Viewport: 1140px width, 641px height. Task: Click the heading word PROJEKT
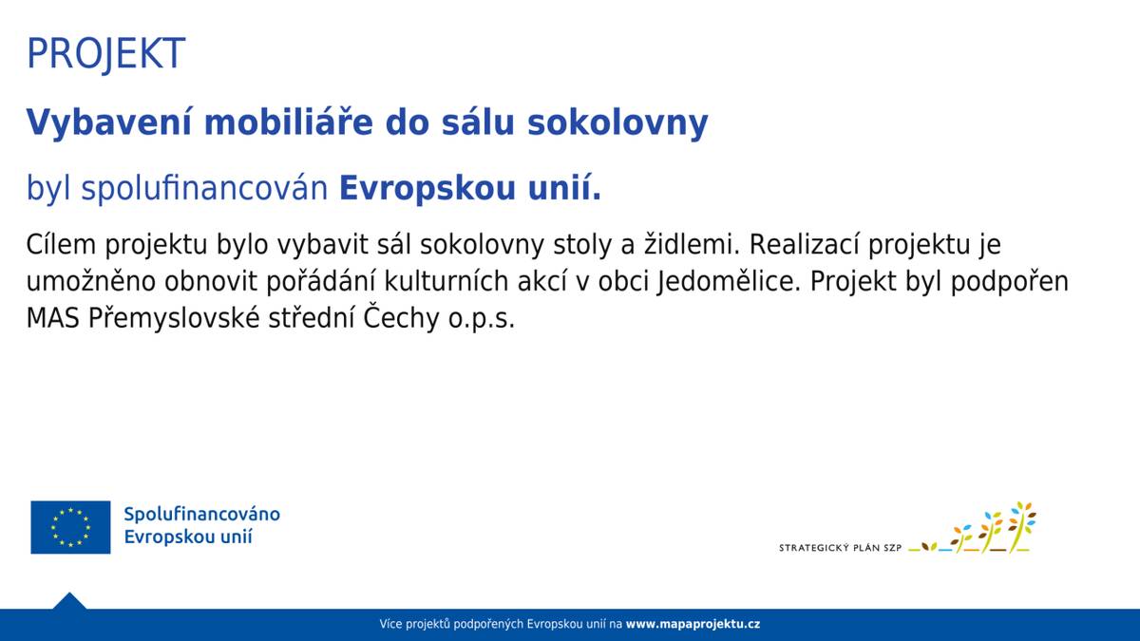(x=105, y=54)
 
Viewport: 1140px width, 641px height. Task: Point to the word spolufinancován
(x=205, y=189)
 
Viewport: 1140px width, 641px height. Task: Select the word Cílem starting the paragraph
(x=62, y=245)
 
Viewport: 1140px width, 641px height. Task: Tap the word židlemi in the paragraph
(x=691, y=245)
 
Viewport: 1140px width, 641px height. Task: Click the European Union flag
(x=70, y=527)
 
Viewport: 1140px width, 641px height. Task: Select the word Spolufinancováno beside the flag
(x=201, y=514)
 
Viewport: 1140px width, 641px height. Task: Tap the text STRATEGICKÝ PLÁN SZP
(x=840, y=548)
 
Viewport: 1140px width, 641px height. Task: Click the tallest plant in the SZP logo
(x=1020, y=525)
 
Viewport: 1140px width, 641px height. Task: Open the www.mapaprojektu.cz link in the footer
(x=693, y=624)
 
